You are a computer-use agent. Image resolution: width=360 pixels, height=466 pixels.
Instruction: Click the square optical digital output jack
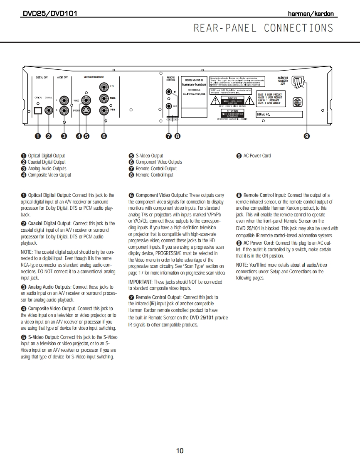click(x=38, y=110)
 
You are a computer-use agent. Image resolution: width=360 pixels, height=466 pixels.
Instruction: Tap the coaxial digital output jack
click(x=49, y=110)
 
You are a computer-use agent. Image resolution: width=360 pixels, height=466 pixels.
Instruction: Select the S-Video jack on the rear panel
click(x=86, y=110)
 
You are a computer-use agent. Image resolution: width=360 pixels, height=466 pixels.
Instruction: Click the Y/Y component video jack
click(x=104, y=87)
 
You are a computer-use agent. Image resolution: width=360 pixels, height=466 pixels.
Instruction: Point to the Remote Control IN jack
click(x=169, y=92)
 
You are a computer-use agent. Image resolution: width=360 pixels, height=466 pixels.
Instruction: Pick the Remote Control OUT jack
click(x=169, y=106)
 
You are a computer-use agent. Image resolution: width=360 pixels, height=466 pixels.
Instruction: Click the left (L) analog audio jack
click(x=64, y=100)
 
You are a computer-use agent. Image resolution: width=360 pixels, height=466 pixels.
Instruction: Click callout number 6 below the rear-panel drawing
click(x=104, y=136)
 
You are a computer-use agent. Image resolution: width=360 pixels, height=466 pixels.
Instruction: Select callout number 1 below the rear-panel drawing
click(x=38, y=136)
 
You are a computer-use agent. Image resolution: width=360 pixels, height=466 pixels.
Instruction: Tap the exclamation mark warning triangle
click(x=249, y=101)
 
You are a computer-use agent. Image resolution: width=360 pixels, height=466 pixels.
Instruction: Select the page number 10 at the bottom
click(x=180, y=451)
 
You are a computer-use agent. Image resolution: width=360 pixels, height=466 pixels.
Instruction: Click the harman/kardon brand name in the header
click(x=311, y=14)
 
